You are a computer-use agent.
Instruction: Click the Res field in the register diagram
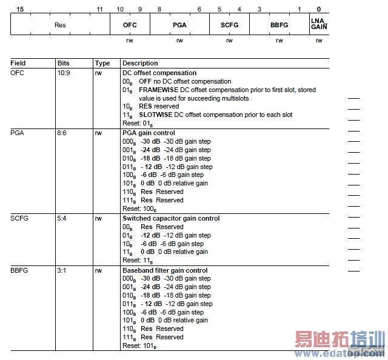coord(60,25)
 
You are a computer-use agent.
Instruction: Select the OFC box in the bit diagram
coord(130,25)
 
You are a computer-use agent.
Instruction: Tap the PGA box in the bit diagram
coord(179,25)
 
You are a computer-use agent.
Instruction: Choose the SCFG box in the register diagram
coord(229,25)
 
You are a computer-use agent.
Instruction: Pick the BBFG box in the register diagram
coord(279,25)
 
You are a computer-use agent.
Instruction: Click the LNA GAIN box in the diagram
coord(319,25)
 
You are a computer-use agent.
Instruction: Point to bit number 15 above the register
coord(21,10)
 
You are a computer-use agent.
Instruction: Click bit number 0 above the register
coord(319,10)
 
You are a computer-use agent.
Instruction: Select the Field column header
coord(18,63)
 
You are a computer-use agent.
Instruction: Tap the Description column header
coord(140,63)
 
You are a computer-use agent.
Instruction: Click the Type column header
coord(102,63)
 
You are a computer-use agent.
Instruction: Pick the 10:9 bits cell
coord(64,73)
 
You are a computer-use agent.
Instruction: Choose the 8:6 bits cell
coord(62,133)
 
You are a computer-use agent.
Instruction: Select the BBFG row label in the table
coord(20,270)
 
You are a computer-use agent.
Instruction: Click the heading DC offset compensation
coord(159,73)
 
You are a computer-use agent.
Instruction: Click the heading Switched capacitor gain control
coord(171,218)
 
